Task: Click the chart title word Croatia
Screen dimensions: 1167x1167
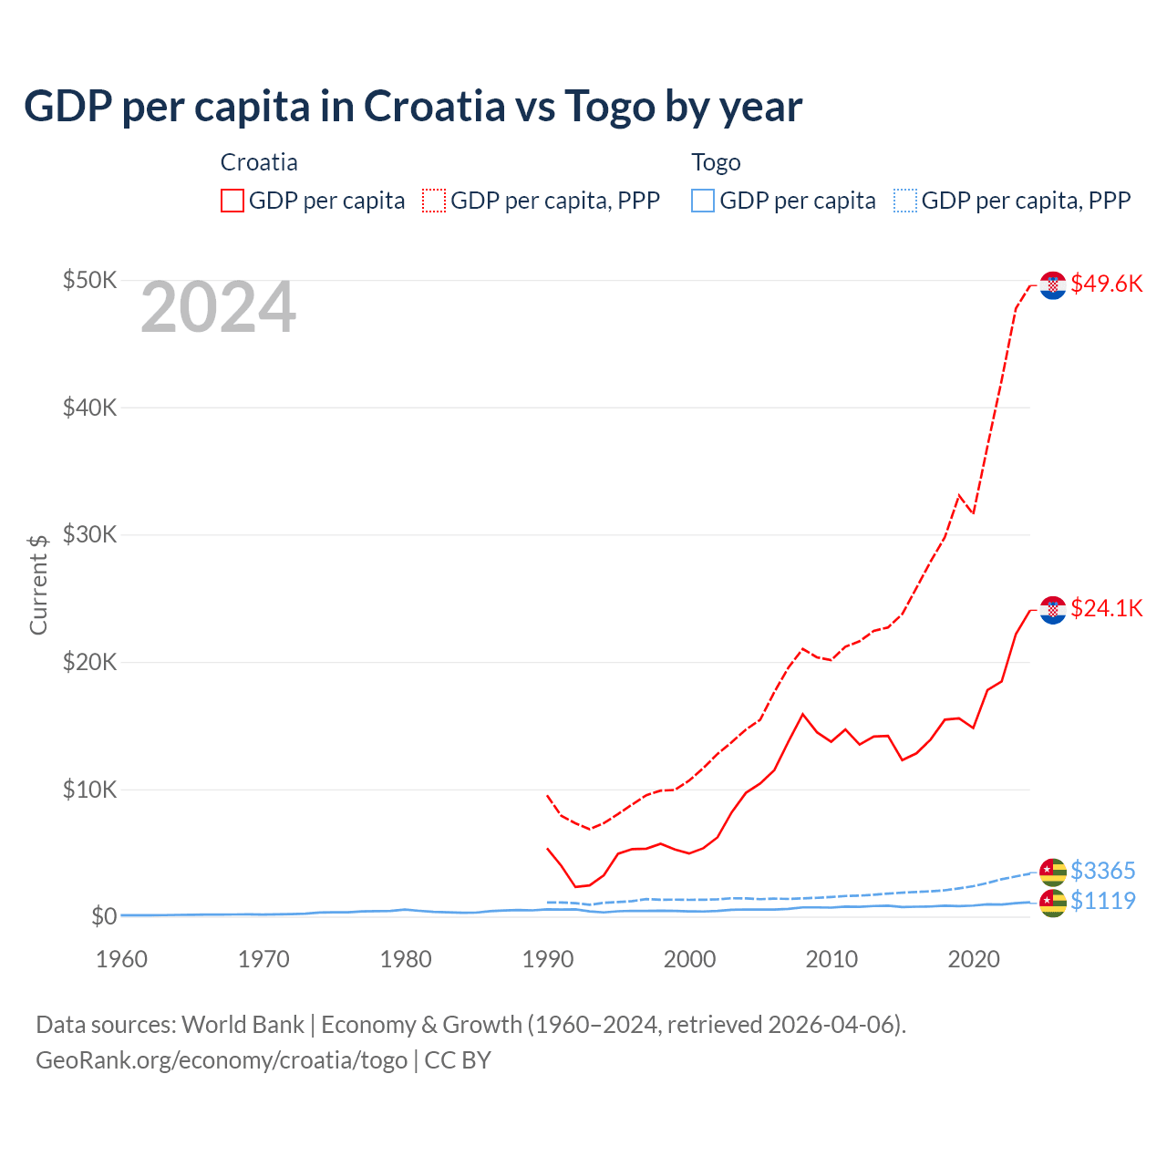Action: [x=434, y=107]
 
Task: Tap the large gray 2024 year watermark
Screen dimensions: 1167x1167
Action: [x=218, y=308]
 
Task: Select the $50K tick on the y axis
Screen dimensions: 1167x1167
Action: [x=89, y=280]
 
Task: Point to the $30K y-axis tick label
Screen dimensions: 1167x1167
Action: [x=89, y=534]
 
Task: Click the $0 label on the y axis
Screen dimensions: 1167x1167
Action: [x=103, y=916]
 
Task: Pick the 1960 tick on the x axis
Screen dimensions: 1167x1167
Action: [x=121, y=959]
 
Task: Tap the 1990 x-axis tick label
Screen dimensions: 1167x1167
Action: [x=547, y=959]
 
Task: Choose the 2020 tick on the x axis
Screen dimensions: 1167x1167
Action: [x=974, y=959]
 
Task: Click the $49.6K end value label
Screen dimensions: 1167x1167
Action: [x=1106, y=284]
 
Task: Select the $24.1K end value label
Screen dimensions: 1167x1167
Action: [x=1106, y=608]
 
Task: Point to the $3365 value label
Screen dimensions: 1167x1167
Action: [x=1102, y=871]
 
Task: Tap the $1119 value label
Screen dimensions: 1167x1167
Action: [x=1102, y=901]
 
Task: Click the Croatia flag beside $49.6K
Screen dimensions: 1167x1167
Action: [x=1053, y=285]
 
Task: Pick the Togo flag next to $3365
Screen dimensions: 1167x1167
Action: [x=1053, y=873]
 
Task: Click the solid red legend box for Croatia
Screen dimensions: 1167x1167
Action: [x=232, y=201]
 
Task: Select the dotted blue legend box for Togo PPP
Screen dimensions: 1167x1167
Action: [x=905, y=201]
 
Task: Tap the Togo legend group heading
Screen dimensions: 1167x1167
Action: [x=716, y=162]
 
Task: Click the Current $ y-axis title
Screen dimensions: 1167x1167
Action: [x=38, y=584]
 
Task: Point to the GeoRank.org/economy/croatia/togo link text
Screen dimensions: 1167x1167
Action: [x=222, y=1060]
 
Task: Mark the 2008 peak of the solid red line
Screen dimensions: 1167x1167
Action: [x=802, y=714]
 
